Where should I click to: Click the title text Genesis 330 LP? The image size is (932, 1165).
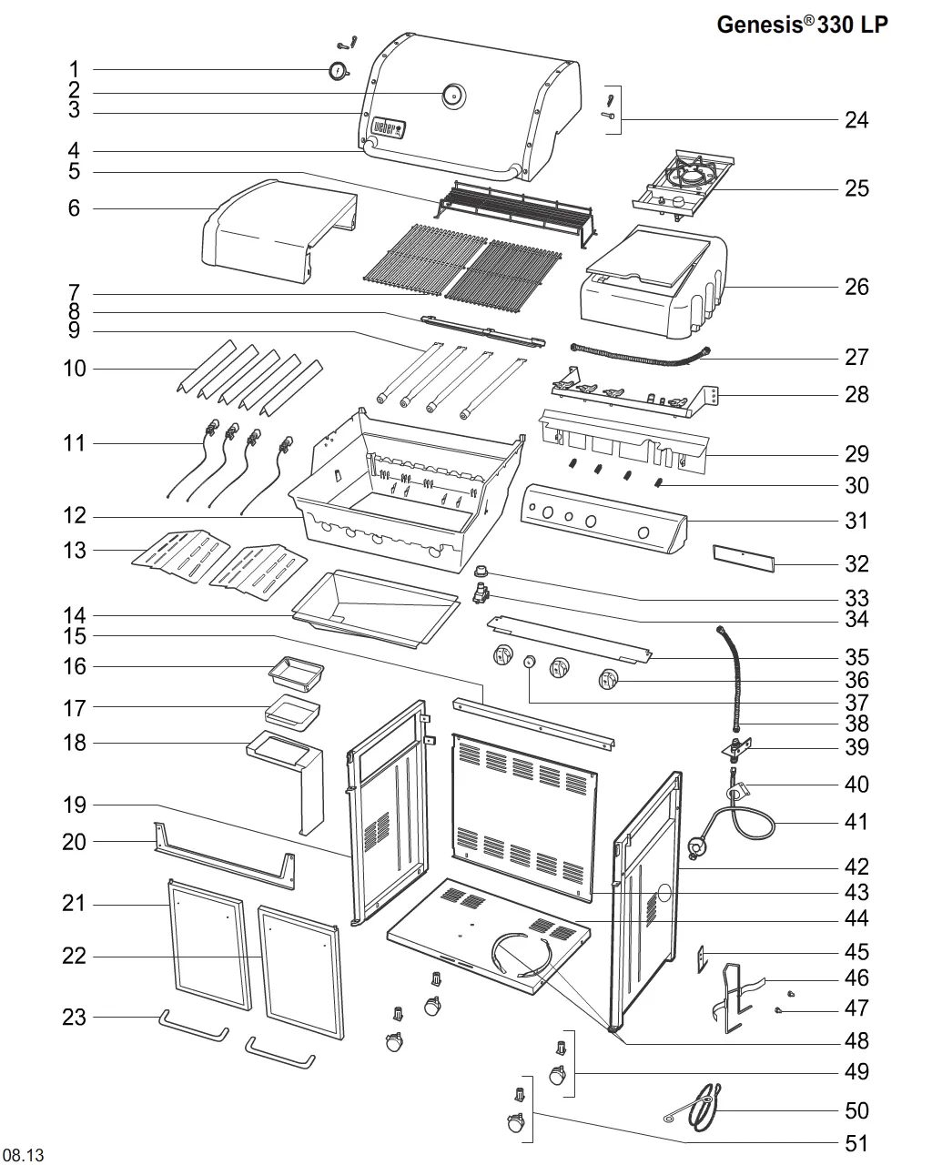click(802, 25)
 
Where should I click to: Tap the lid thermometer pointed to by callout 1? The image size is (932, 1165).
click(339, 71)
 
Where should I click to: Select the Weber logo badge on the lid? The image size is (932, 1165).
click(390, 127)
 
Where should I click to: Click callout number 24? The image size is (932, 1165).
click(856, 119)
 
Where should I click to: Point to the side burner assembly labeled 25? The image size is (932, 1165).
click(684, 185)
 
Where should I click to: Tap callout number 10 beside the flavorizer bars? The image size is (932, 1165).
click(75, 369)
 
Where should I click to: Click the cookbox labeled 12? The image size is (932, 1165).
click(407, 490)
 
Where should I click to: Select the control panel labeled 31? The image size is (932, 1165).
click(603, 518)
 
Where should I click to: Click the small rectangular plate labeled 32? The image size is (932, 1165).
click(744, 559)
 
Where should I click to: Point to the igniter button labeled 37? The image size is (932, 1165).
click(529, 661)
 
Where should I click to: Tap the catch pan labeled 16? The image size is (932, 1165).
click(296, 674)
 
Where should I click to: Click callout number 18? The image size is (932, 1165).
click(75, 743)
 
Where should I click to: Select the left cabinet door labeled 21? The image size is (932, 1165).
click(209, 944)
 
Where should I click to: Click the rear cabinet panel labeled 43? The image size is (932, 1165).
click(525, 817)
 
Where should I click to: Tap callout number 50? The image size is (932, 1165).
click(856, 1110)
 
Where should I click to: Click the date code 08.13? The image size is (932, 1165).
click(24, 1154)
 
